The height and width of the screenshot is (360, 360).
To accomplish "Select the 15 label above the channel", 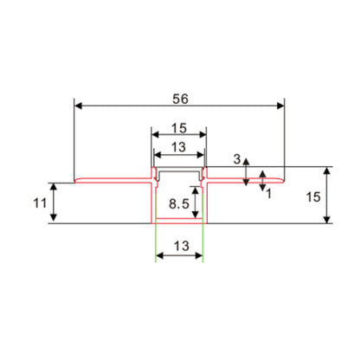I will point(180,125).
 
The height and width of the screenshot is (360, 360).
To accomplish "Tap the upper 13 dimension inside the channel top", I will point(180,146).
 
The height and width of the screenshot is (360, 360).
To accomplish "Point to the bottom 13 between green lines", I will point(180,247).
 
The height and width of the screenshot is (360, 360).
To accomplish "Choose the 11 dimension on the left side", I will point(38,204).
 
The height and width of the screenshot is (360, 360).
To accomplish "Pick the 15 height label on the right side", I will point(313,197).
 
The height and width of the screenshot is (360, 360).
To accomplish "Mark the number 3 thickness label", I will point(237,159).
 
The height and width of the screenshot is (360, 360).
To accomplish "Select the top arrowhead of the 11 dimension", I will point(55,186).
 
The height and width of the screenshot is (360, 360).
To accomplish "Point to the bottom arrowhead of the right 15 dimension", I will point(327,220).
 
